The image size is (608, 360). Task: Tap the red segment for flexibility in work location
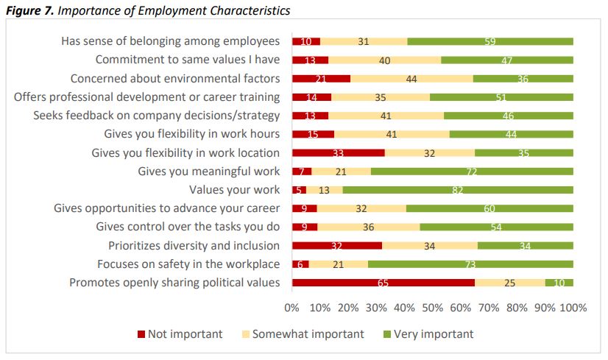(338, 152)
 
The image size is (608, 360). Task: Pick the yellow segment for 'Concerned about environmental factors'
(411, 78)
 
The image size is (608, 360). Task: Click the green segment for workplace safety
(471, 264)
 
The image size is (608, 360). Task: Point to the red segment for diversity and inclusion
(337, 245)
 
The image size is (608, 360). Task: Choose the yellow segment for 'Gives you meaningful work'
(341, 171)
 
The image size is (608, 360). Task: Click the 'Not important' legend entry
(180, 334)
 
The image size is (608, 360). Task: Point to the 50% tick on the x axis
(433, 308)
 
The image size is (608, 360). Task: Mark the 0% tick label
(291, 308)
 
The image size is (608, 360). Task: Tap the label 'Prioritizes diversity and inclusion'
(194, 245)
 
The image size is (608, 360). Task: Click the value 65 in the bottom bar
(383, 282)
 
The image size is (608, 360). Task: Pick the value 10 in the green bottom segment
(559, 282)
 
